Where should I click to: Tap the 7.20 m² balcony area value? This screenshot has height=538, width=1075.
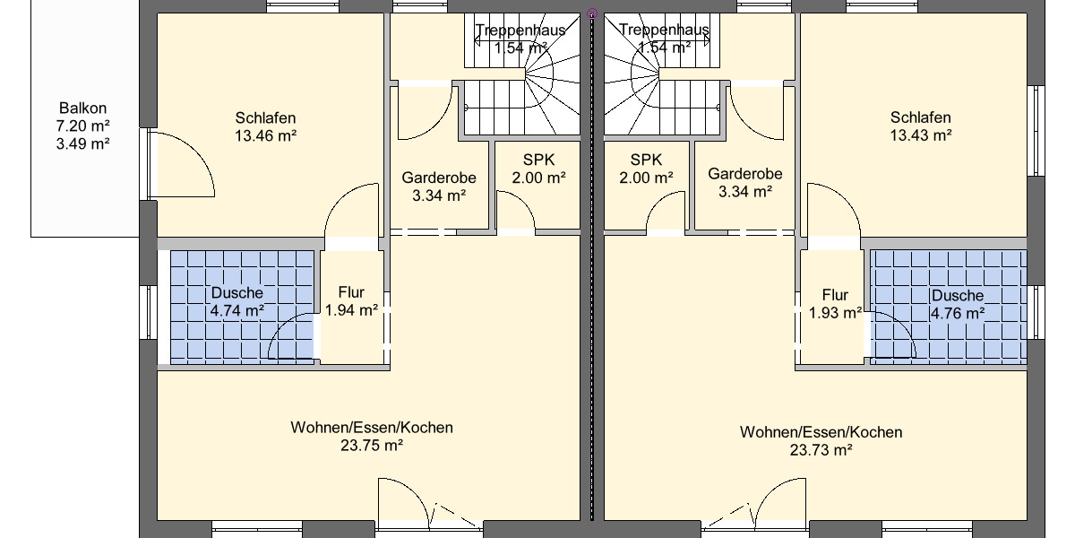82,126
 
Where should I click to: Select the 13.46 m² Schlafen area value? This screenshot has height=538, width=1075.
265,136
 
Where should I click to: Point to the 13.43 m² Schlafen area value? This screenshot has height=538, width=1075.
920,135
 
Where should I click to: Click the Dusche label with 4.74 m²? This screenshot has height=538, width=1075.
236,294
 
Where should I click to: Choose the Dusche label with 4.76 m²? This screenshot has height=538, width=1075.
957,296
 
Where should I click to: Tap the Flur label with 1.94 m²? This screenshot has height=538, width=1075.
352,292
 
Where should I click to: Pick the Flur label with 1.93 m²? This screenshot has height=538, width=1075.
834,295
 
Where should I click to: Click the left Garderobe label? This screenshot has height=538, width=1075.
438,177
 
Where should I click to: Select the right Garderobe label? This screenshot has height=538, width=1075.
744,174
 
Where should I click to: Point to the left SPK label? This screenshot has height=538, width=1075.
538,160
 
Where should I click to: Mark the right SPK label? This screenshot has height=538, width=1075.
645,160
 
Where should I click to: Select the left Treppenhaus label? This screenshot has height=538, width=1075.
520,30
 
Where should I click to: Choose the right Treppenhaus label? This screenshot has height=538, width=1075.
664,30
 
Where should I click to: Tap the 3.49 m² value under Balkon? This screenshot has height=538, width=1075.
82,143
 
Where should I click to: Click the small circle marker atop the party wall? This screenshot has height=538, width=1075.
591,13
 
